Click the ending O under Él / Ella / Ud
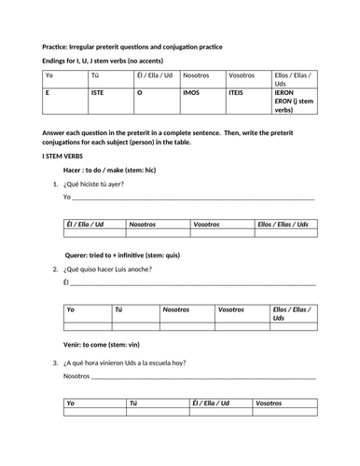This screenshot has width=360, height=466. tap(140, 94)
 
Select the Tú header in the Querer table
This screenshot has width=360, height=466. tap(118, 309)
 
